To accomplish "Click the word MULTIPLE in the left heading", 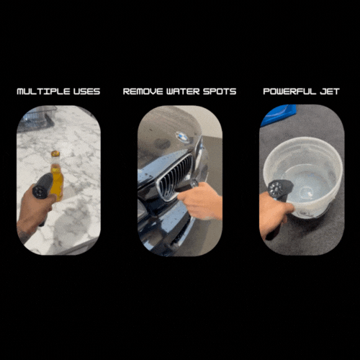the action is click(43, 91).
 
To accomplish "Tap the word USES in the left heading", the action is click(86, 91).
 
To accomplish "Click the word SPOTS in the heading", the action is click(220, 91).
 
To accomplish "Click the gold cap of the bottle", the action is click(55, 153).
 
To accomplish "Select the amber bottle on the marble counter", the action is click(56, 176).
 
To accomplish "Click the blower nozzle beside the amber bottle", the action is click(42, 186).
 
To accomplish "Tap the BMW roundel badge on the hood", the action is click(182, 137).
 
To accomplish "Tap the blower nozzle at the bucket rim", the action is click(279, 189).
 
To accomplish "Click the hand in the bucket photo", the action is click(275, 214).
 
